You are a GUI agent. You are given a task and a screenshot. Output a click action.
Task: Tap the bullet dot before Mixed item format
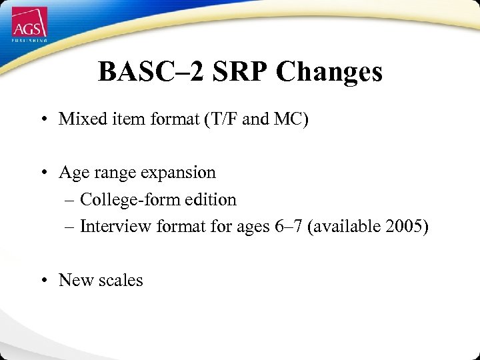[x=43, y=120]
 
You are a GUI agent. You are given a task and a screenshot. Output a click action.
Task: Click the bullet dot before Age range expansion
[x=43, y=173]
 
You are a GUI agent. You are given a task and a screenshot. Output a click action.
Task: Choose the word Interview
[x=116, y=227]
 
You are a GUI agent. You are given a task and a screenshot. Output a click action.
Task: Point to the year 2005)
[x=407, y=227]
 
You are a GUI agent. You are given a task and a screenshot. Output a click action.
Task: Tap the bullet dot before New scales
[x=43, y=281]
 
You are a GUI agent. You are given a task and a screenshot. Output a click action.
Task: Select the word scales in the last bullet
[x=121, y=280]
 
